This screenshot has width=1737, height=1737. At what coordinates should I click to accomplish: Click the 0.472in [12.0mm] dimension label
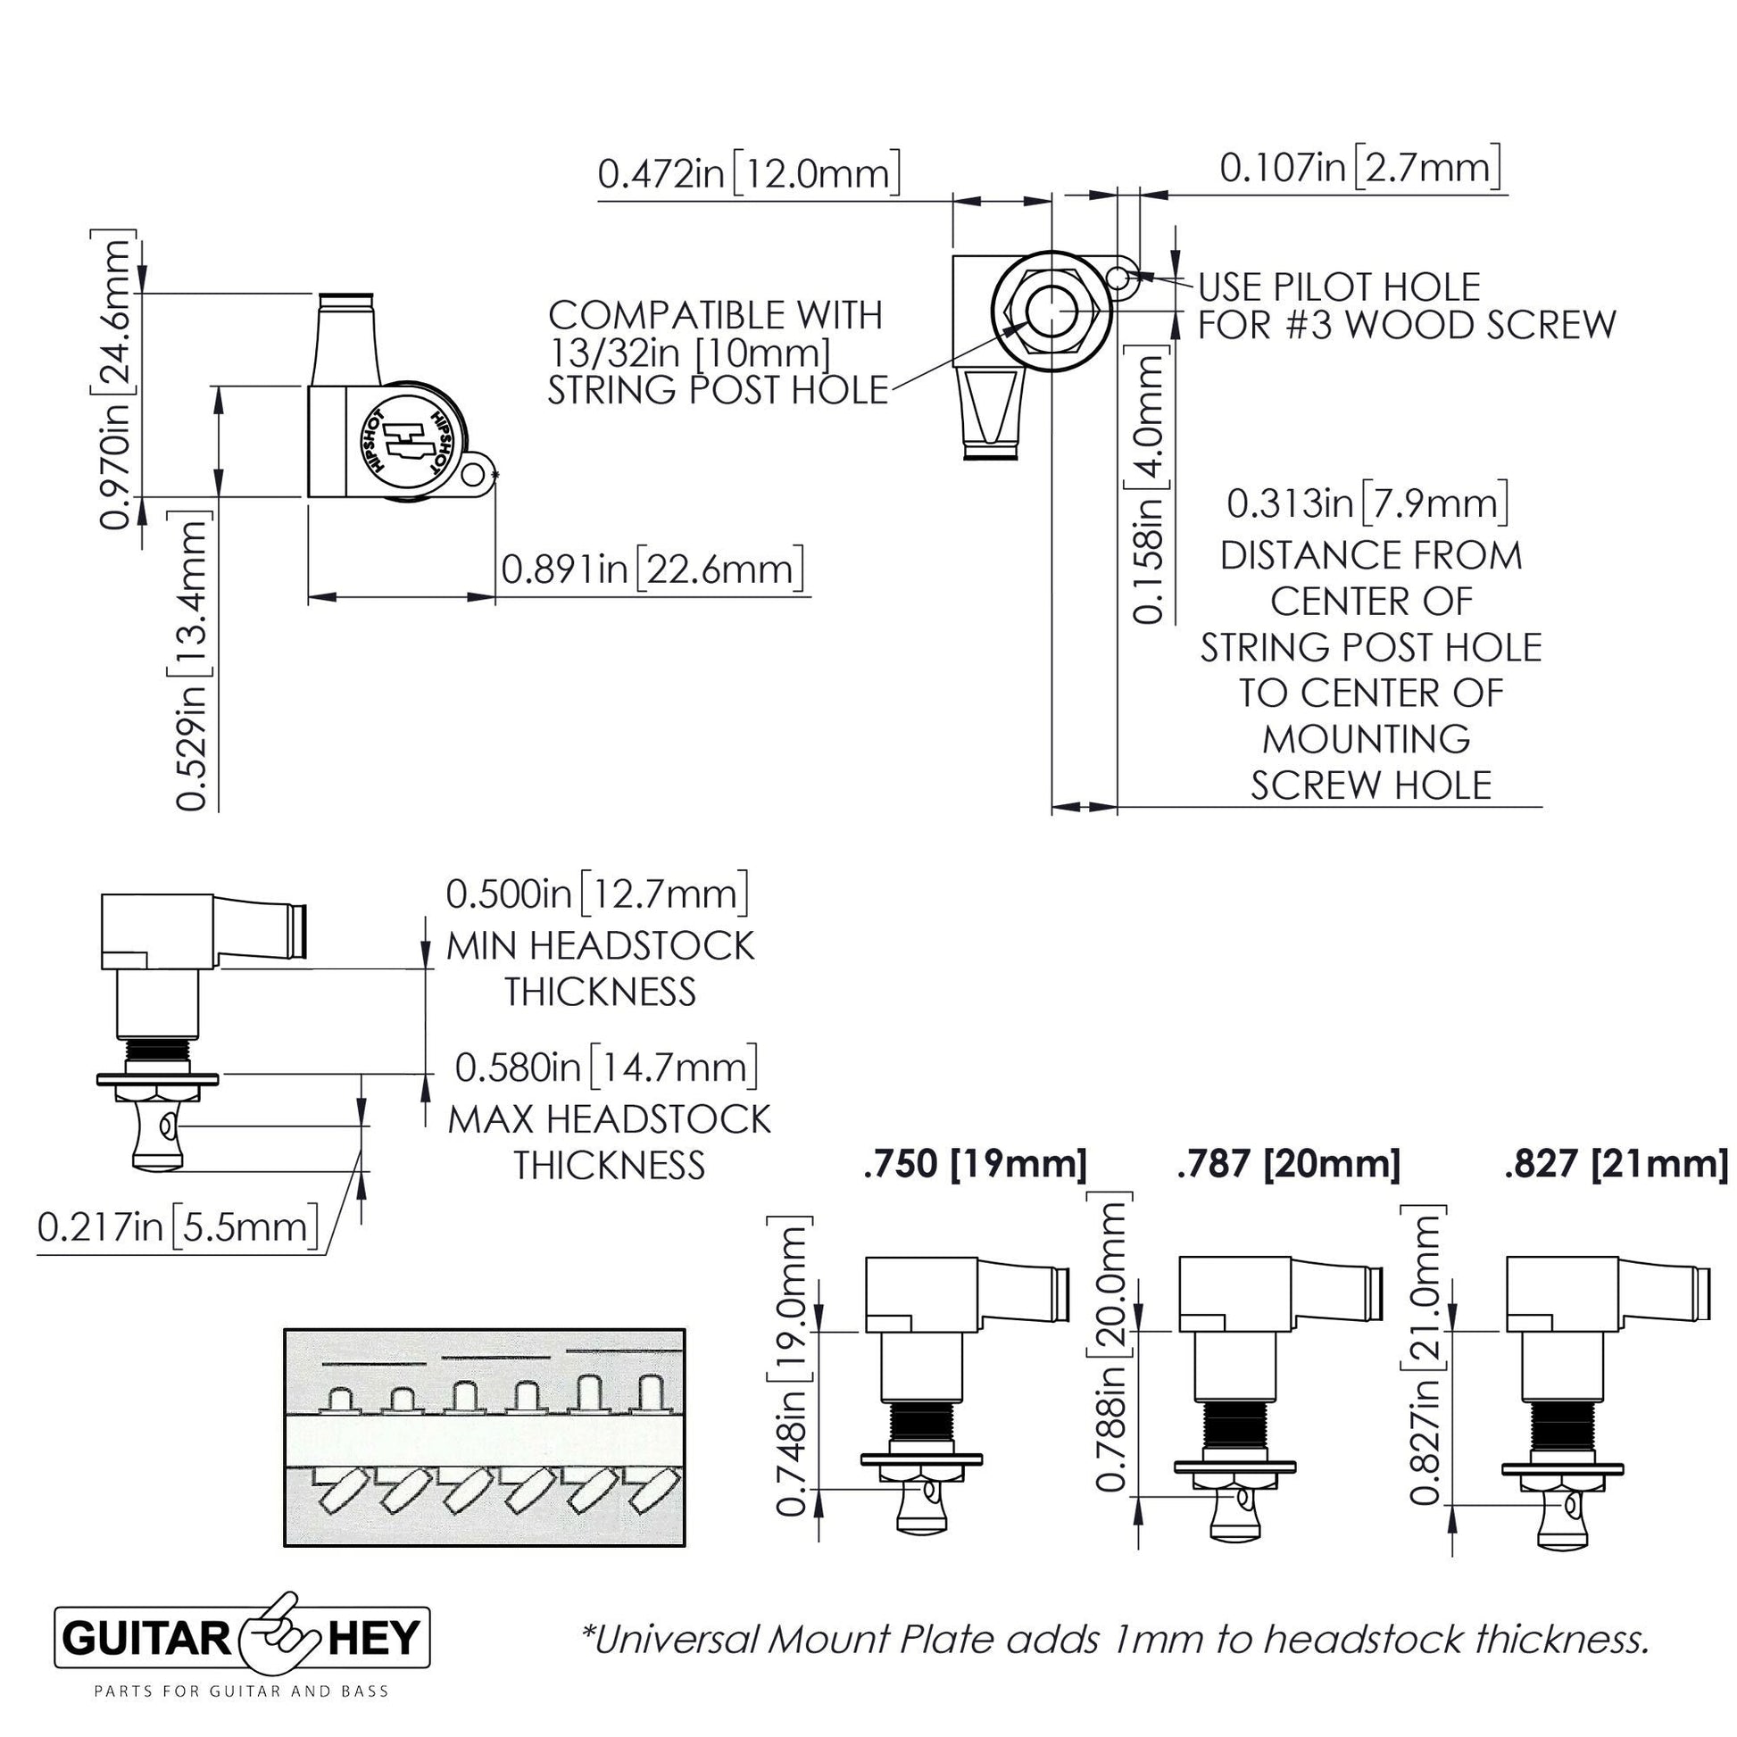pyautogui.click(x=748, y=172)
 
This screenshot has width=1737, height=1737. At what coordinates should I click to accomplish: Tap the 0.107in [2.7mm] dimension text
pyautogui.click(x=1359, y=167)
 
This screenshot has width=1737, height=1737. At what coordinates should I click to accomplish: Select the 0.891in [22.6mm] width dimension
pyautogui.click(x=652, y=569)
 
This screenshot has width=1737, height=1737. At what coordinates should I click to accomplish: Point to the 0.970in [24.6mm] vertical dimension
pyautogui.click(x=115, y=381)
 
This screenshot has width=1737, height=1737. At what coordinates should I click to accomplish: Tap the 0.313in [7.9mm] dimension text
pyautogui.click(x=1367, y=503)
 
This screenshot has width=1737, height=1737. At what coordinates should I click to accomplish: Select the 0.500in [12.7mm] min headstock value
pyautogui.click(x=598, y=894)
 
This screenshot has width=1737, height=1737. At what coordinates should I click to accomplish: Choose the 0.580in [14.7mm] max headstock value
pyautogui.click(x=606, y=1068)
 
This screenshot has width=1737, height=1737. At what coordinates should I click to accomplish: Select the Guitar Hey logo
pyautogui.click(x=244, y=1639)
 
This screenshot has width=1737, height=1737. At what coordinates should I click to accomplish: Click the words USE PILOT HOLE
pyautogui.click(x=1339, y=287)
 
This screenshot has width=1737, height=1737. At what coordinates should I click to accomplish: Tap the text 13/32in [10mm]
pyautogui.click(x=690, y=353)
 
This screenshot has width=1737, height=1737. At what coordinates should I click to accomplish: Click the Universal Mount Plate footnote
pyautogui.click(x=1116, y=1639)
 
